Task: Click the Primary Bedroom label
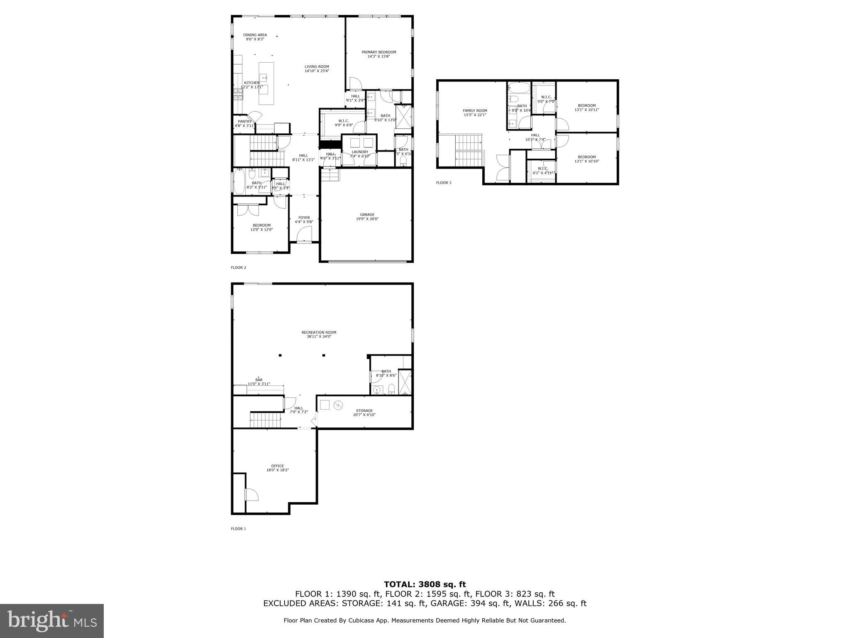[x=379, y=54]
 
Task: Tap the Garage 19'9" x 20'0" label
[x=367, y=217]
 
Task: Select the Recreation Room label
[x=319, y=334]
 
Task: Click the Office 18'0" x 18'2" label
[x=278, y=468]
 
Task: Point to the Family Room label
[x=475, y=113]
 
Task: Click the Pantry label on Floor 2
[x=244, y=123]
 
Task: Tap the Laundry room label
[x=359, y=154]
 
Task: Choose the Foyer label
[x=304, y=220]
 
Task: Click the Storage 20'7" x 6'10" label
[x=364, y=412]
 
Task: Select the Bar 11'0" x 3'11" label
[x=259, y=382]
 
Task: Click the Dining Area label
[x=255, y=37]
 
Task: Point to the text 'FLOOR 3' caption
[x=443, y=183]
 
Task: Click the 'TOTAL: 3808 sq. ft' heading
[x=425, y=585]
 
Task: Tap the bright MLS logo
[x=52, y=621]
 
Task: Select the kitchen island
[x=266, y=83]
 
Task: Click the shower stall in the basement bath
[x=404, y=382]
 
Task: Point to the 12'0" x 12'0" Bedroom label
[x=261, y=227]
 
